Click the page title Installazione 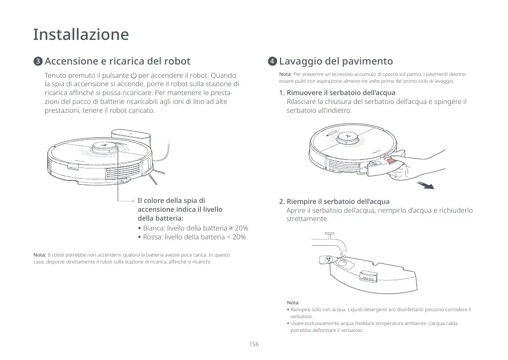(81, 35)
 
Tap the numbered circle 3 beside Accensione (38, 62)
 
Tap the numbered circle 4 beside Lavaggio (272, 62)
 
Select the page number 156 (254, 344)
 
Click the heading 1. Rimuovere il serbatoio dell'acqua (337, 93)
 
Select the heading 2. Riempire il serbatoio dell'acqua (334, 201)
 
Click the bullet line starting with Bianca (193, 229)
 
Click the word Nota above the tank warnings (293, 302)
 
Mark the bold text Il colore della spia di (171, 200)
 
